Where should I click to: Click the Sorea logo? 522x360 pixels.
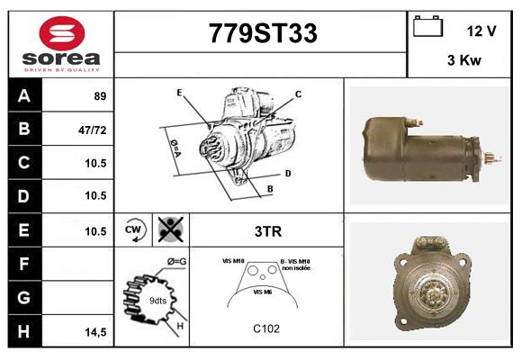60,44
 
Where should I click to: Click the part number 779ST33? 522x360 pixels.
262,34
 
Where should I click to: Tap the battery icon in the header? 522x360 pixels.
427,27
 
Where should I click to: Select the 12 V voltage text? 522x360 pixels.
481,31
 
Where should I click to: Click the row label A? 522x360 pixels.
24,95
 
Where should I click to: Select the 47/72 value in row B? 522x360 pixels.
93,130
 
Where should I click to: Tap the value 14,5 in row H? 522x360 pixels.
94,332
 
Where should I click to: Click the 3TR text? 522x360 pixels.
268,231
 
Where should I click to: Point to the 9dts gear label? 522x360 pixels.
157,300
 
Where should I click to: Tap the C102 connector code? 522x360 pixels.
267,328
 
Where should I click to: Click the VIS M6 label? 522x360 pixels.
264,292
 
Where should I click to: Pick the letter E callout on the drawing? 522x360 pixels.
180,93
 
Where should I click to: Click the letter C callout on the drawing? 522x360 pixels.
298,94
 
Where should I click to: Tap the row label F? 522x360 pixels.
24,265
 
